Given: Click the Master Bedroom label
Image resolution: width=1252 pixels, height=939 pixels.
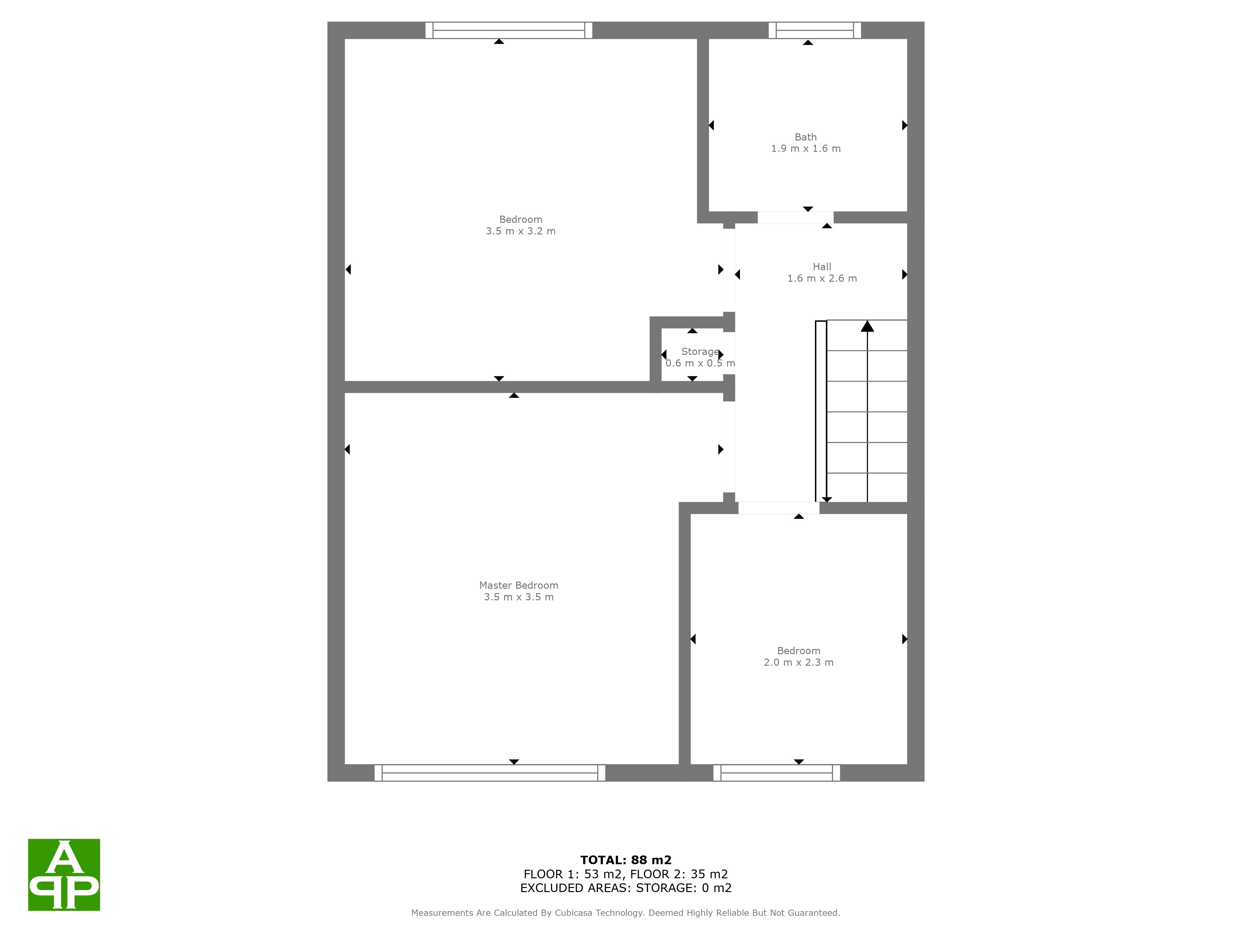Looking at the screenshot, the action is (x=518, y=585).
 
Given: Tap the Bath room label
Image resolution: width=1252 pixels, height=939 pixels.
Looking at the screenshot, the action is (x=805, y=137).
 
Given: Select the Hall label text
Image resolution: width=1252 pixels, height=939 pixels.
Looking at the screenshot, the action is (x=822, y=267).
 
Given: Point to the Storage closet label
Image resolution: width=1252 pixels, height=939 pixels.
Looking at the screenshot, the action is (x=700, y=351).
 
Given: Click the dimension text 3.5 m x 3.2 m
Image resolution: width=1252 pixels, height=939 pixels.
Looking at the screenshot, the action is (x=521, y=231).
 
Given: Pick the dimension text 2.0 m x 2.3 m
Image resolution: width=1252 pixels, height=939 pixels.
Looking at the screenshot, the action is (x=799, y=662).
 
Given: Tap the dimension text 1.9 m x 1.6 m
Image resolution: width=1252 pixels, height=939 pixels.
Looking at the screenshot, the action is (x=805, y=148).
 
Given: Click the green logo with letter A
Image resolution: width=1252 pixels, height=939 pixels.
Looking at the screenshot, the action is (x=64, y=875).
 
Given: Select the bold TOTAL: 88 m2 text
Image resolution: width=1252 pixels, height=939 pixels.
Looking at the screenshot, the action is (x=626, y=860).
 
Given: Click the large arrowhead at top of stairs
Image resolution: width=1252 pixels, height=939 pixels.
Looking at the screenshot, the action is (x=867, y=326).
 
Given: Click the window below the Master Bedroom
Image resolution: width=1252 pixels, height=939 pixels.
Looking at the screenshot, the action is (x=490, y=772).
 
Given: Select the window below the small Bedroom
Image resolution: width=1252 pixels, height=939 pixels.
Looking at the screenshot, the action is (x=777, y=772).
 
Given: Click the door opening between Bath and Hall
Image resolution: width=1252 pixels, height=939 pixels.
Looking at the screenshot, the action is (x=795, y=217).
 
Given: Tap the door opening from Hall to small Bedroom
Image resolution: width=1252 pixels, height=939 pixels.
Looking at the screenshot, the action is (x=779, y=508).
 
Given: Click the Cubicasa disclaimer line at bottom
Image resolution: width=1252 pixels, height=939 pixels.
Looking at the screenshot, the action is (x=625, y=912).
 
